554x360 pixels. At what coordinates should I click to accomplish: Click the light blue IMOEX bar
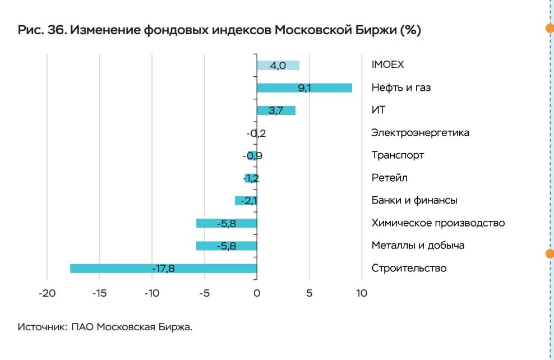pos(278,66)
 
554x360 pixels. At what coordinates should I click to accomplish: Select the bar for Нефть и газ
pos(304,87)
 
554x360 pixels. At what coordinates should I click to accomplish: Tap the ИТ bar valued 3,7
pos(276,110)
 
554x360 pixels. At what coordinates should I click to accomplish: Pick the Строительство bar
pos(164,269)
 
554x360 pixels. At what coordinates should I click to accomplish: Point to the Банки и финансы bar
pos(246,201)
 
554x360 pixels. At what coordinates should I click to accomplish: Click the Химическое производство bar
pos(227,223)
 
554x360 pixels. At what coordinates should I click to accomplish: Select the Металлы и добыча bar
pos(227,246)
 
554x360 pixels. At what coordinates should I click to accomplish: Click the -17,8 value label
pos(163,269)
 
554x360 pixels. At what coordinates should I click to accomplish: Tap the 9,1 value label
pos(304,87)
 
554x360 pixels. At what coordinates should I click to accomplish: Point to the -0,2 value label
pos(256,133)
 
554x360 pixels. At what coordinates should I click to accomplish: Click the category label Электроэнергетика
pos(420,133)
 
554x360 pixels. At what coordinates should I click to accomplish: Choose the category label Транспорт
pos(398,155)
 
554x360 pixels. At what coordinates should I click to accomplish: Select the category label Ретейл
pos(389,178)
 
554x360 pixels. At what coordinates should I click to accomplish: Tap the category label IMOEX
pos(387,64)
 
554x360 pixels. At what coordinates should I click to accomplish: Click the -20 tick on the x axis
pos(47,293)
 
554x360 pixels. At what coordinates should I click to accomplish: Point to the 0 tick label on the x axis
pos(257,293)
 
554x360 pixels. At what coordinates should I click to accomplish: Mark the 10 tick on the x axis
pos(362,293)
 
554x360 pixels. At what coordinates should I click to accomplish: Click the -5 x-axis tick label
pos(204,293)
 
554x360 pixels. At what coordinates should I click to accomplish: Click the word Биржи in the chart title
pos(376,30)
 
